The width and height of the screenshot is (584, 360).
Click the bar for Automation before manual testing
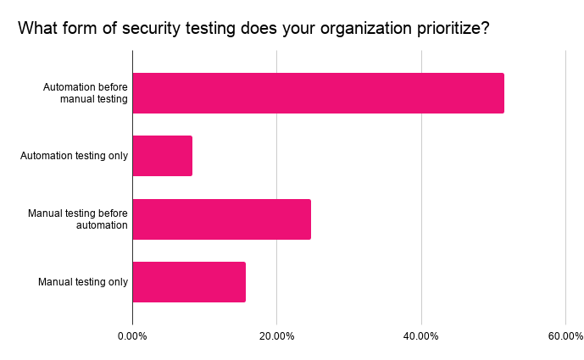tap(318, 93)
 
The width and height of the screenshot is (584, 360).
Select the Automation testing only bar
tap(163, 156)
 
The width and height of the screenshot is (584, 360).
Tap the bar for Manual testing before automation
tap(222, 219)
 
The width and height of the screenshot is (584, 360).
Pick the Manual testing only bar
tap(189, 282)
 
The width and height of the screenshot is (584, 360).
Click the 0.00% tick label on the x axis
tap(132, 336)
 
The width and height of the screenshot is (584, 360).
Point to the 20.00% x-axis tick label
tap(277, 336)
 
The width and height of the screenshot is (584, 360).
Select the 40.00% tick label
tap(421, 336)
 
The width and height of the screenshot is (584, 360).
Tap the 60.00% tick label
tap(565, 336)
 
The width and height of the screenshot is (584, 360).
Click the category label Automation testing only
tap(74, 156)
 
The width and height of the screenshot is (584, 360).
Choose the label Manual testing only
tap(83, 282)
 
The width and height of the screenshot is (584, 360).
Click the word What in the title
tap(37, 28)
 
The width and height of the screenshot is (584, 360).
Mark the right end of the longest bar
tap(503, 93)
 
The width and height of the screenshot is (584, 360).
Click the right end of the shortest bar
tap(192, 156)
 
